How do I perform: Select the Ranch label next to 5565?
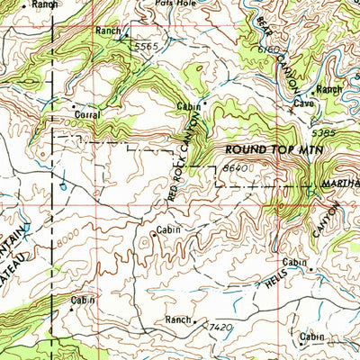coord(108,31)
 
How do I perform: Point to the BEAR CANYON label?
coord(271,36)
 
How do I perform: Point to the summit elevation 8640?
coord(233,166)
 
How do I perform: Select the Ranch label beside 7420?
coord(178,319)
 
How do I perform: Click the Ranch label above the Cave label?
coord(328,89)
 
